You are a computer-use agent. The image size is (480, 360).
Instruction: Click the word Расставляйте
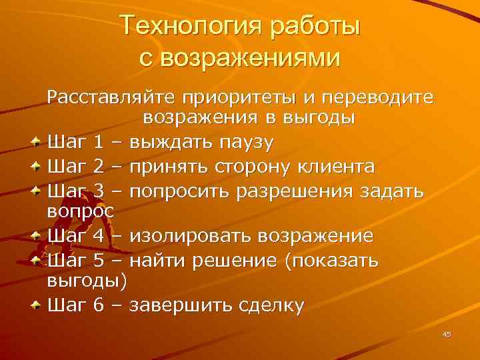coord(110,99)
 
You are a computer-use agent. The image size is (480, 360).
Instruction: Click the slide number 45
coord(447,334)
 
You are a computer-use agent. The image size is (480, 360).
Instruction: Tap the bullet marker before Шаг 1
coord(38,142)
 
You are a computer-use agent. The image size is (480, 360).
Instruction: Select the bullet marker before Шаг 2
coord(38,166)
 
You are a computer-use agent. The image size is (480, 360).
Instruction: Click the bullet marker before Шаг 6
coord(38,305)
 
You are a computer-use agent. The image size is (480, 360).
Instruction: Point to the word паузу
coord(238,142)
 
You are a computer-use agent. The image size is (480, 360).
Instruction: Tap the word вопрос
coord(81,212)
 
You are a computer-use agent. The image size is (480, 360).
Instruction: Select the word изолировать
coord(192,236)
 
